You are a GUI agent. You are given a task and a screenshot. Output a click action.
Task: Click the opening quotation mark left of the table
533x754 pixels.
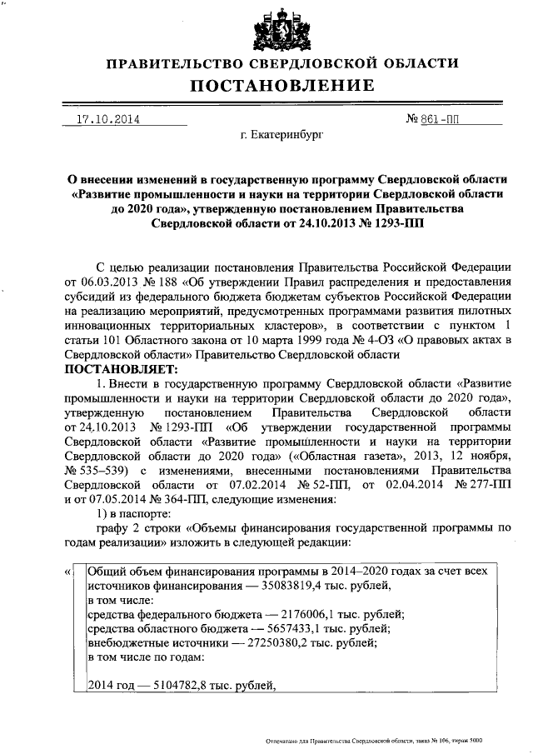pyautogui.click(x=67, y=573)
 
